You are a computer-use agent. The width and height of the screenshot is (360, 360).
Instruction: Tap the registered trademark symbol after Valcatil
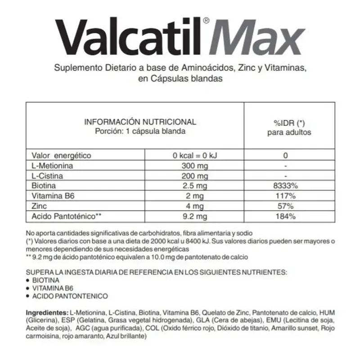click(x=206, y=21)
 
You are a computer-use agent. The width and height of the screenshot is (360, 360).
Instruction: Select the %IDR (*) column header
click(x=289, y=123)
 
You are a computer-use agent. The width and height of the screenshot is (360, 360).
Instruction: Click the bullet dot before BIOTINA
click(x=28, y=280)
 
